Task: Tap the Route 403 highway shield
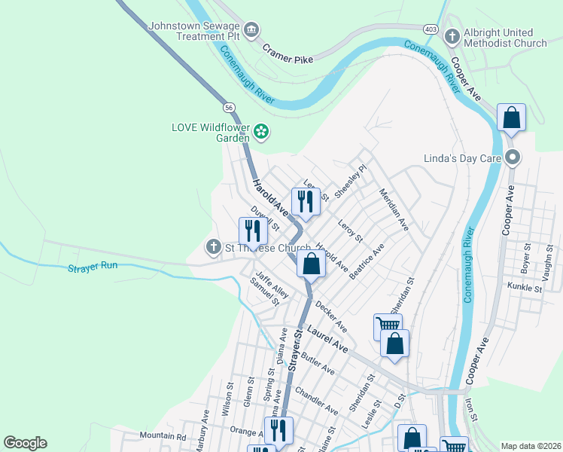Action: click(431, 29)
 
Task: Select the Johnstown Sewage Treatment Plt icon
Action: click(251, 29)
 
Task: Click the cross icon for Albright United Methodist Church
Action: click(452, 36)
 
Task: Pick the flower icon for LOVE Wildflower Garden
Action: click(261, 132)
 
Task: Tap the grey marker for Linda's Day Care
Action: click(513, 157)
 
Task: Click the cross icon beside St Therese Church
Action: click(213, 247)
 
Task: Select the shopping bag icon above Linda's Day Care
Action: click(511, 118)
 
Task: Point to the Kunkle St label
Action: click(525, 288)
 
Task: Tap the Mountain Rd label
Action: click(163, 436)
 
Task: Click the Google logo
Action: click(25, 443)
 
